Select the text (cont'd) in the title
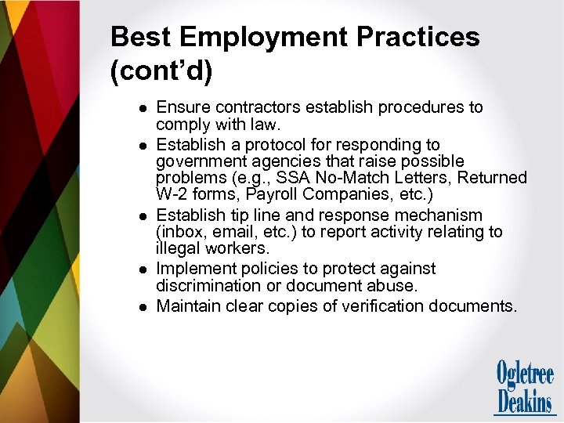[x=161, y=71]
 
